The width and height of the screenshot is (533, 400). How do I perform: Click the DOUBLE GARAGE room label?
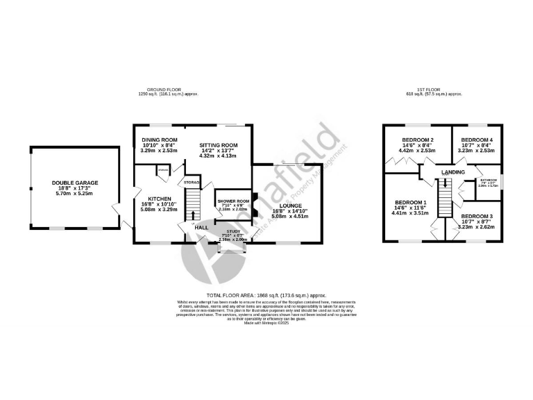[75, 183]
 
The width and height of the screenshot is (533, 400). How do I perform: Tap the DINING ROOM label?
[149, 138]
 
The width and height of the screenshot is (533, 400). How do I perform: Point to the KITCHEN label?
[159, 198]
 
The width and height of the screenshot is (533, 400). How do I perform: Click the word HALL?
[201, 227]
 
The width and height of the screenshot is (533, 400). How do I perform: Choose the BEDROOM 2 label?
[416, 140]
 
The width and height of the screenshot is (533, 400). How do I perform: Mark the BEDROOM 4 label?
[476, 140]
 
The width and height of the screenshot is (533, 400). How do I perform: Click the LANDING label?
[453, 172]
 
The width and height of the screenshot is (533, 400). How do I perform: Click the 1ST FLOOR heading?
[428, 90]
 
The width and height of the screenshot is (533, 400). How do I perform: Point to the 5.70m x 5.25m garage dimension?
[75, 194]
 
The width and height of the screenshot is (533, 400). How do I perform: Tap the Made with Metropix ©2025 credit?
[266, 323]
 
